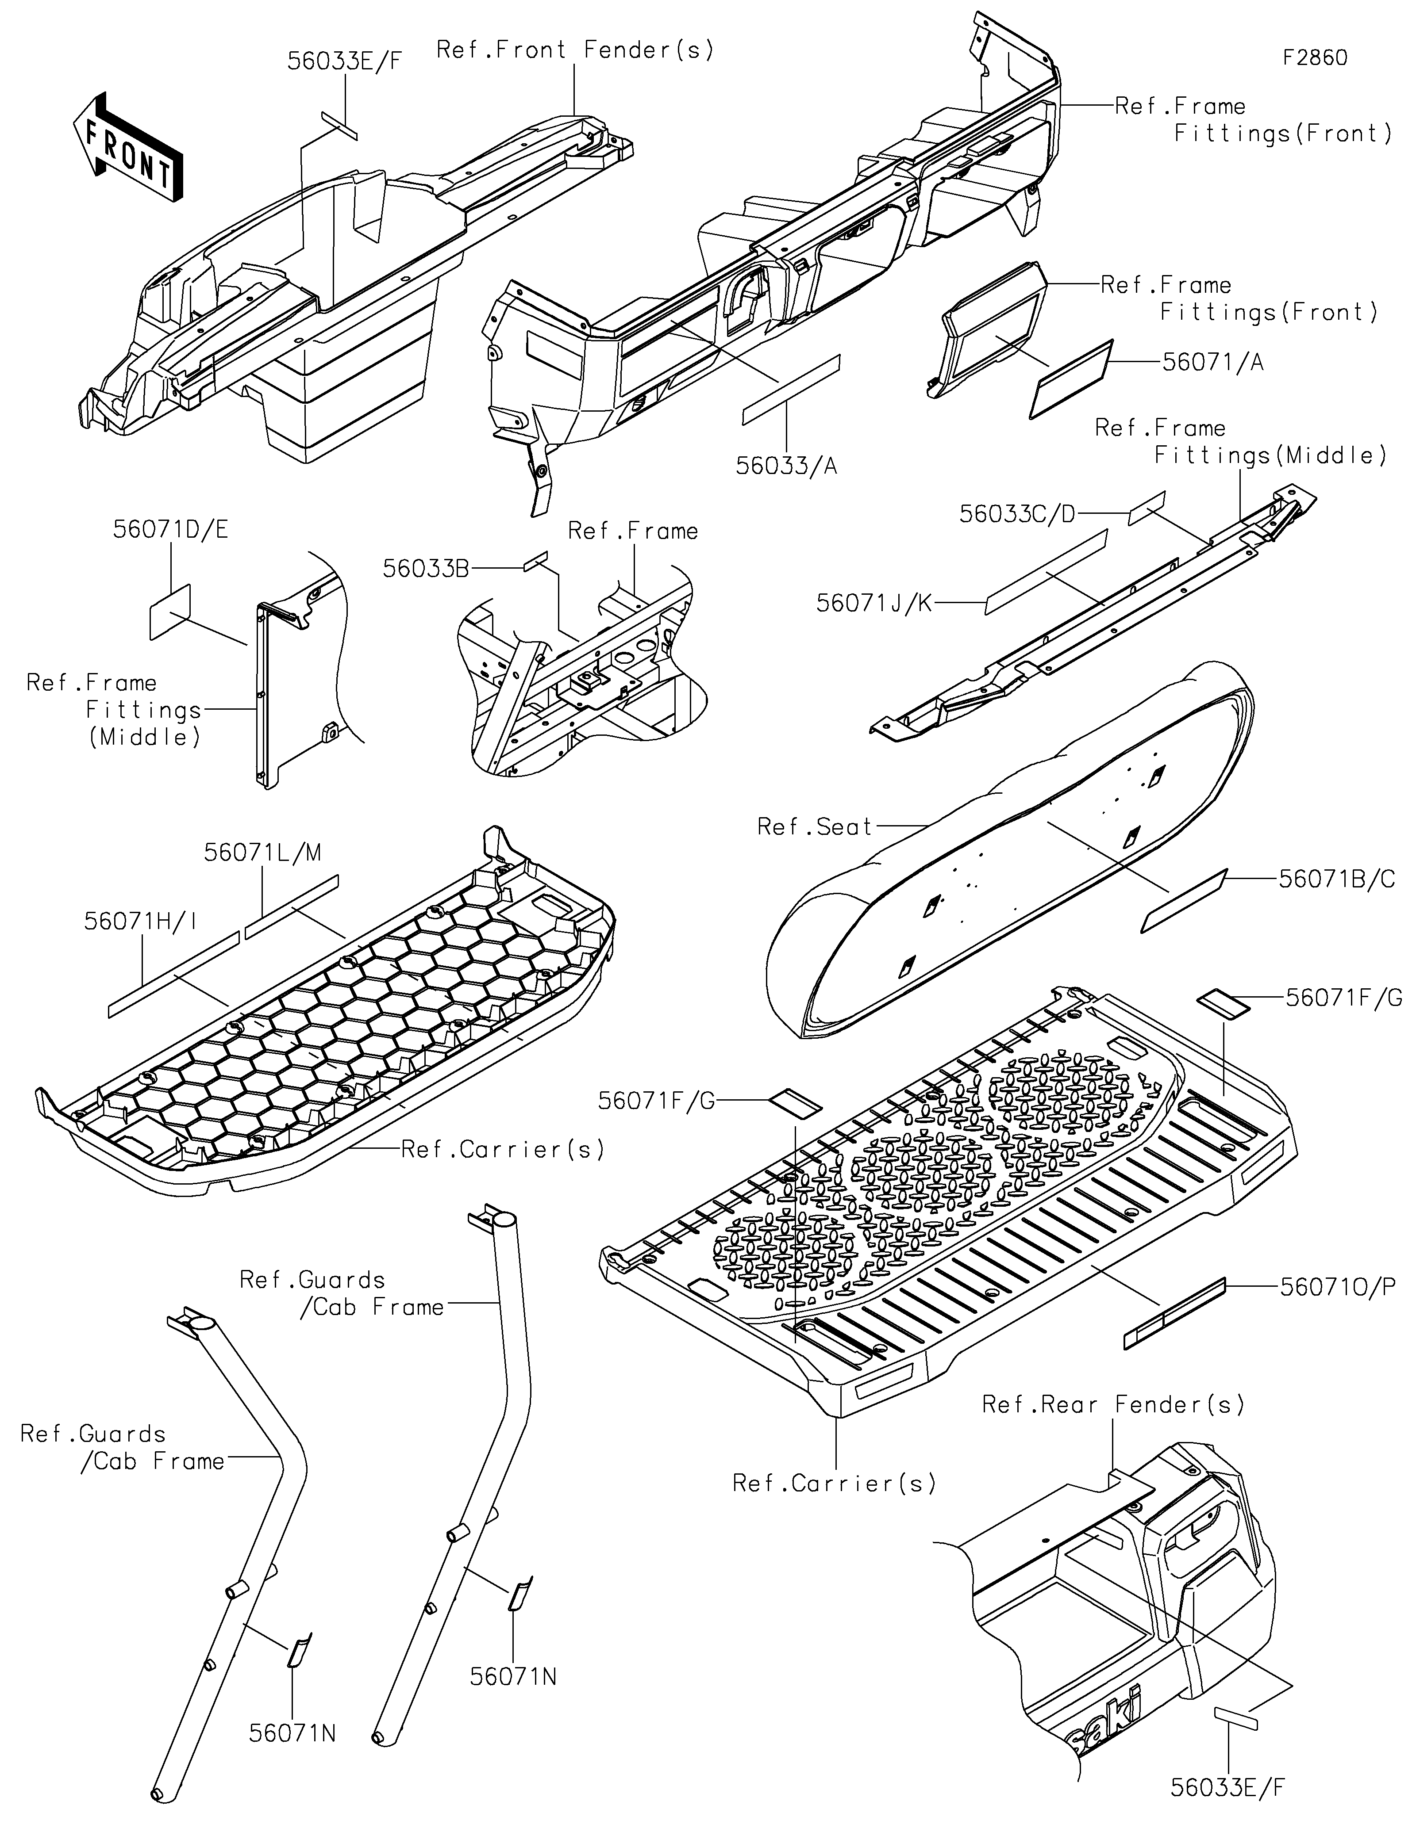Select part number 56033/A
786,465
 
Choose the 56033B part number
425,568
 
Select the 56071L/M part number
262,852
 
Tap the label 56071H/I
141,921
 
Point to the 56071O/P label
1337,1286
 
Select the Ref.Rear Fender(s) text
1113,1404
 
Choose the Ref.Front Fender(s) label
575,50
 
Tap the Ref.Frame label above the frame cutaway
633,531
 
